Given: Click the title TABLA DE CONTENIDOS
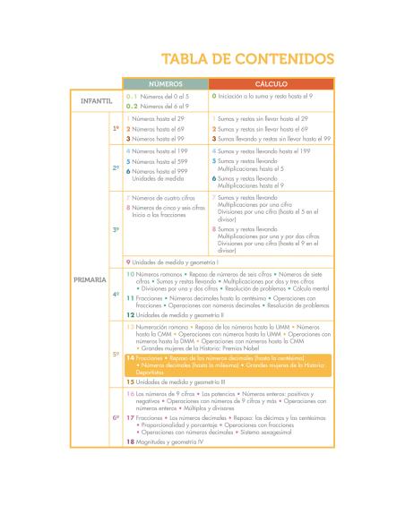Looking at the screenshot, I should click(247, 59).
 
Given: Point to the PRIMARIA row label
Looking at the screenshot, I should click(90, 280).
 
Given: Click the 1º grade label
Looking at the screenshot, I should click(116, 129).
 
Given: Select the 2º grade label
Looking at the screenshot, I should click(116, 167).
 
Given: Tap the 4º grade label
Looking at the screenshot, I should click(116, 295).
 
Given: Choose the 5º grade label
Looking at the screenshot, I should click(116, 354).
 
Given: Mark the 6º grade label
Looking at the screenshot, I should click(116, 416).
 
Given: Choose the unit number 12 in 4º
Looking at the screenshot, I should click(130, 315).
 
